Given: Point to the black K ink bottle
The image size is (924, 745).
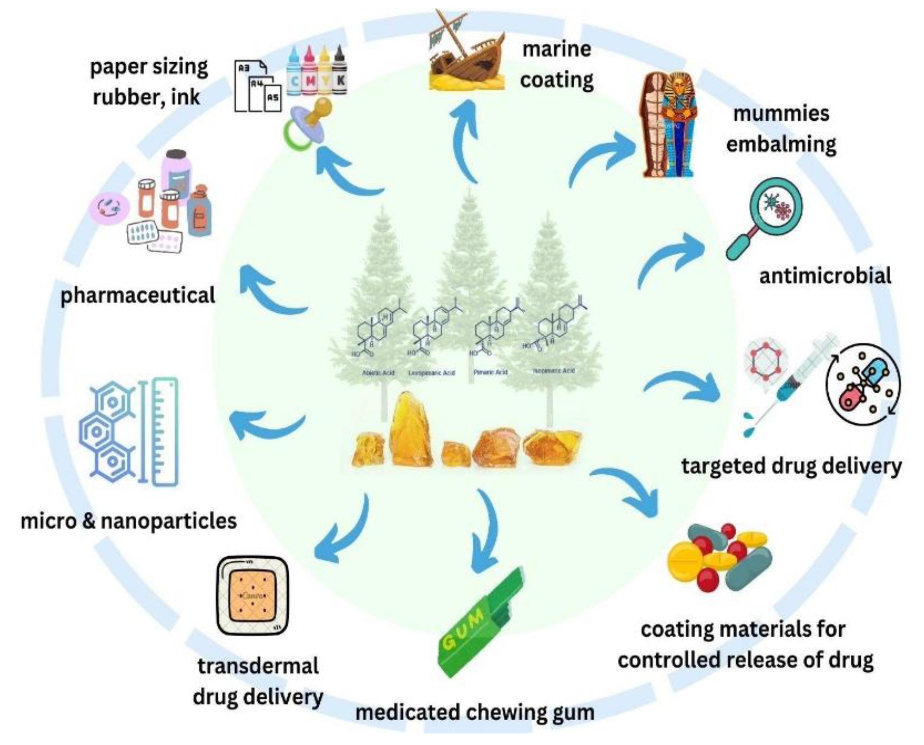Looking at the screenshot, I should [339, 71].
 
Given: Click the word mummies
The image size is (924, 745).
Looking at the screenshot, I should [781, 114].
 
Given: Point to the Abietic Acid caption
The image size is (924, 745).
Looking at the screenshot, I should [378, 373].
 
